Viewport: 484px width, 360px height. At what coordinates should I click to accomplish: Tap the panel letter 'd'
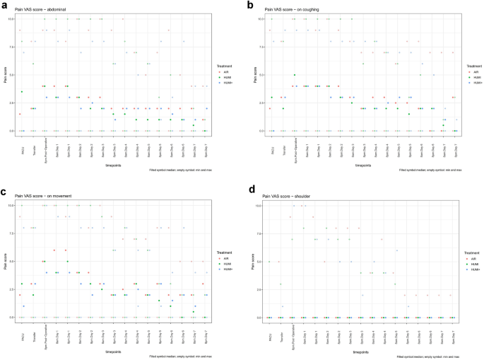(x=247, y=188)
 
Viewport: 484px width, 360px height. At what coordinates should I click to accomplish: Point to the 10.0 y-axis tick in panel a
(x=11, y=19)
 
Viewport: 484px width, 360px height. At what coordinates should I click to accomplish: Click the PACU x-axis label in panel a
(x=21, y=149)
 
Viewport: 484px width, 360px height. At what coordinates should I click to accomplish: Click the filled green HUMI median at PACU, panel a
(x=22, y=92)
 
